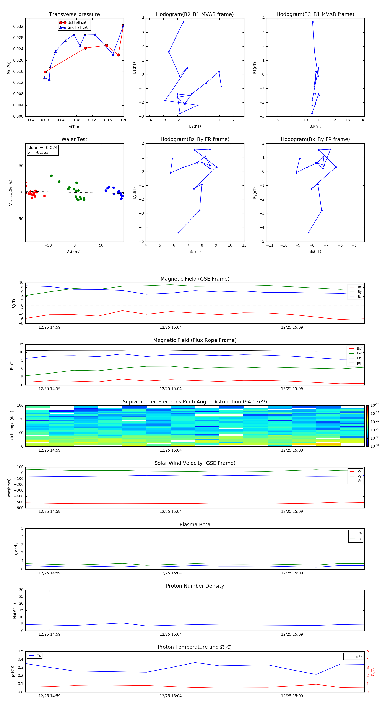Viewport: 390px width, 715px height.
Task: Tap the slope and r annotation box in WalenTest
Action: (x=42, y=150)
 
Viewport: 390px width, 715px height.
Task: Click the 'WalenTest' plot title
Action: (x=74, y=139)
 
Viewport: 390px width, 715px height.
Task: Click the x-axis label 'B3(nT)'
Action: (x=315, y=126)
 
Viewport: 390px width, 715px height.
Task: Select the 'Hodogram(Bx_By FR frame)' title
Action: (x=315, y=139)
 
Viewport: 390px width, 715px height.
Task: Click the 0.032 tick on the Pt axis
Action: (x=18, y=27)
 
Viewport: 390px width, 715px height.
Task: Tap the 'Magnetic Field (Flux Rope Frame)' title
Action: (x=195, y=340)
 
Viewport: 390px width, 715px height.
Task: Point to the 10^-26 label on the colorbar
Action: (x=375, y=405)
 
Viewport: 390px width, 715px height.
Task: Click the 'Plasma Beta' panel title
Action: (x=195, y=525)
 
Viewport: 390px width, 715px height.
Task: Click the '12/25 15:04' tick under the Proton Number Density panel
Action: (x=171, y=634)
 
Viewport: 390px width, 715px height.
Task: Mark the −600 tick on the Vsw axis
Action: (x=19, y=508)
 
